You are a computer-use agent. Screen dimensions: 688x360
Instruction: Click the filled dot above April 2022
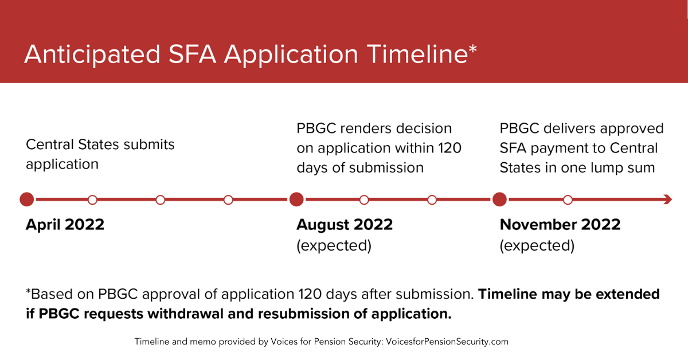pos(27,199)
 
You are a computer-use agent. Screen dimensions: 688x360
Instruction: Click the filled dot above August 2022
pos(296,199)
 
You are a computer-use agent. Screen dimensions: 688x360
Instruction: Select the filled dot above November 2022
pos(500,199)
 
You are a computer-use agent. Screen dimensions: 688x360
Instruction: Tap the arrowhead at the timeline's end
pos(668,199)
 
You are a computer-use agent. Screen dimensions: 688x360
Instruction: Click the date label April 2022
pos(65,225)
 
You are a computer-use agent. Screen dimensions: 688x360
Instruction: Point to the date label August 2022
pos(345,225)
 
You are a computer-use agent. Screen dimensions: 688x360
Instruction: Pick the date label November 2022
pos(560,225)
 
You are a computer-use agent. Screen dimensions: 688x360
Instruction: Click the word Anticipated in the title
pos(92,54)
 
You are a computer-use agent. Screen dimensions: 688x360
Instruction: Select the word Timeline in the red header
pos(417,54)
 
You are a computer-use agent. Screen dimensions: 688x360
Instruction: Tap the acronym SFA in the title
pos(192,54)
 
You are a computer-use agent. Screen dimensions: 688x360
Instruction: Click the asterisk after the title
pos(472,49)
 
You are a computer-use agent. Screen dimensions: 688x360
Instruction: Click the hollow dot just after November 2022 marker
pos(568,200)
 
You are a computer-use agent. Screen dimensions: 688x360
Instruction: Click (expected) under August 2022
pos(334,245)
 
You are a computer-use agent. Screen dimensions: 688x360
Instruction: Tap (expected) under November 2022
pos(537,245)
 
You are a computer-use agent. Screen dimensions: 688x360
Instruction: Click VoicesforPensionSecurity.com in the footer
pos(447,342)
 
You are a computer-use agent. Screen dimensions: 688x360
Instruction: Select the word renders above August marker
pos(365,128)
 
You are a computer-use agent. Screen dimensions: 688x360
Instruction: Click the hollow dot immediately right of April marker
pos(92,200)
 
